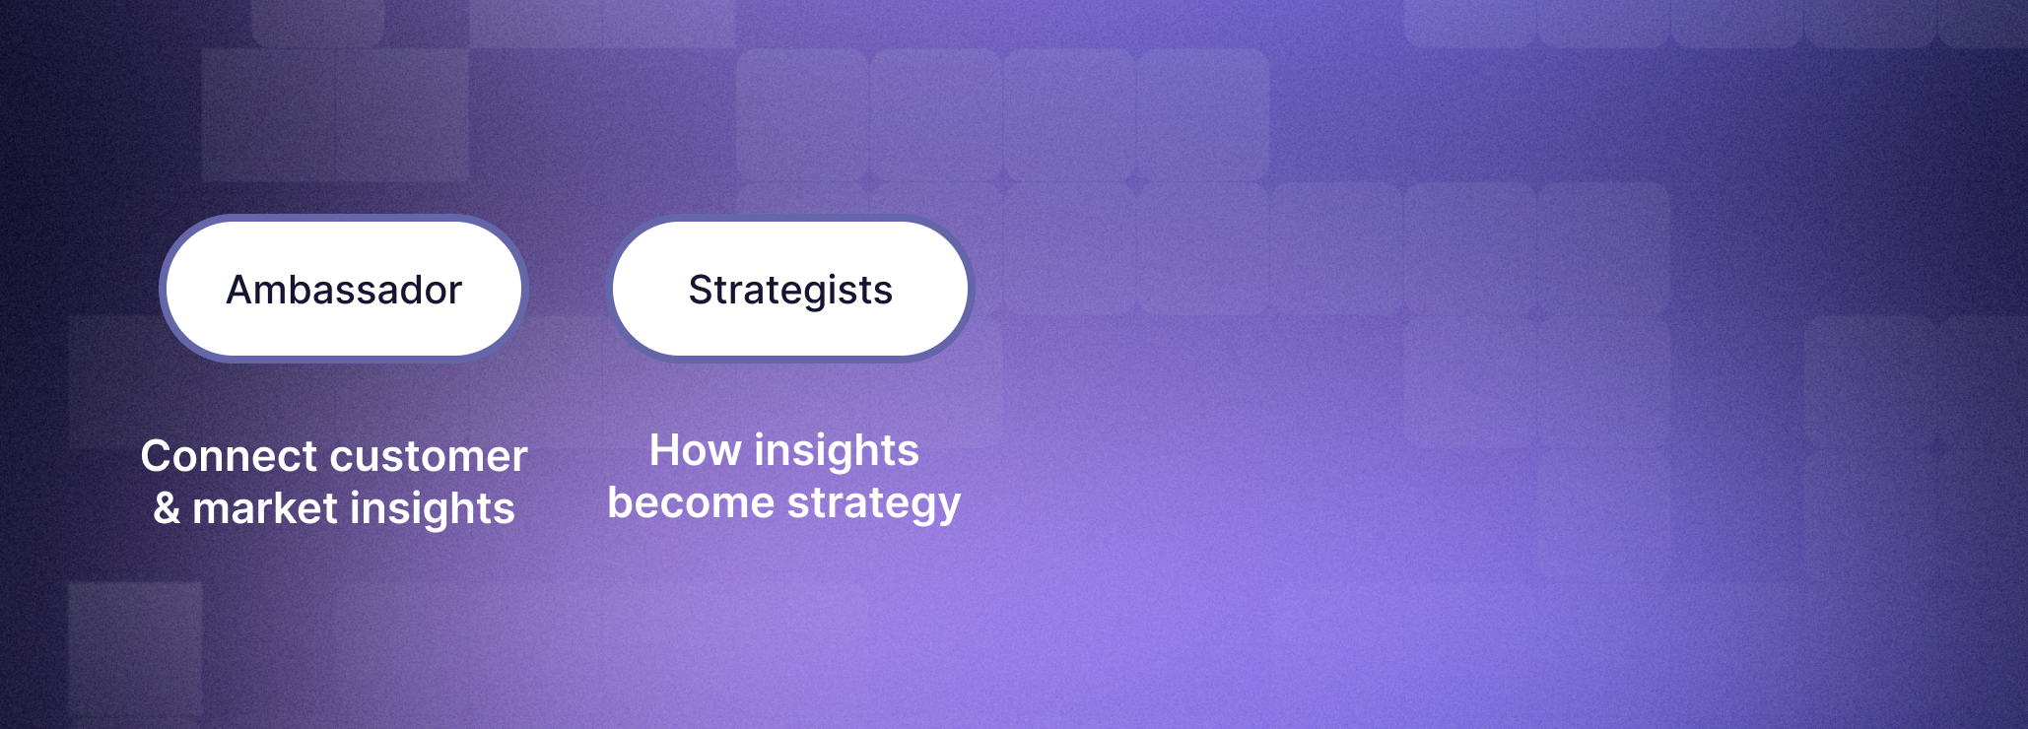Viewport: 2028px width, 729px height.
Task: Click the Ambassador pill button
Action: [344, 289]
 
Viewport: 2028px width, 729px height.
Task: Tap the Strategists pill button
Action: [790, 289]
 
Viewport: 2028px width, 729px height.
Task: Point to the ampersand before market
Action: [167, 508]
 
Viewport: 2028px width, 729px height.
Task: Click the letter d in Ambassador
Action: [402, 290]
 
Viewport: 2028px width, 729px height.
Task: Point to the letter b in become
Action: [622, 502]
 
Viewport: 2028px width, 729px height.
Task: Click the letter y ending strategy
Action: [948, 508]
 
